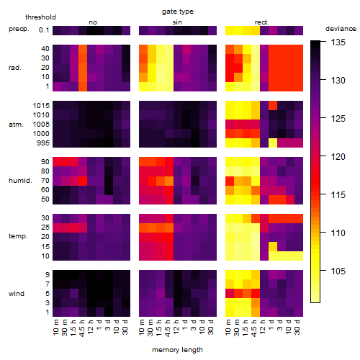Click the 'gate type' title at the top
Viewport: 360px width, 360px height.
coord(178,12)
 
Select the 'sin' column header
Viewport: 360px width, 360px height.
coord(177,22)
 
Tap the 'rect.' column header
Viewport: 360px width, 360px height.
coord(261,22)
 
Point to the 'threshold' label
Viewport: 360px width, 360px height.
coord(40,17)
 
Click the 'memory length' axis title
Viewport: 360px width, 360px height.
coord(177,350)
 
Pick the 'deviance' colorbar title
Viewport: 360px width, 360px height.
coord(341,29)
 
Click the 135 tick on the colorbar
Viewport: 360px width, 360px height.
coord(338,42)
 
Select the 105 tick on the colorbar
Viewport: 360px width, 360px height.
coord(338,271)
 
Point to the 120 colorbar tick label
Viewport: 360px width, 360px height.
coord(338,157)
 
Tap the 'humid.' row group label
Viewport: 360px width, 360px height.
coord(20,181)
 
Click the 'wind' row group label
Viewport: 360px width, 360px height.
coord(17,294)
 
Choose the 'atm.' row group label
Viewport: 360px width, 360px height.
coord(16,125)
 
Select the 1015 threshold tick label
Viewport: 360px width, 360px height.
coord(41,106)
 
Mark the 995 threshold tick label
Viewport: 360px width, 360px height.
coord(43,143)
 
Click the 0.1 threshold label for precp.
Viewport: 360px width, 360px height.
coord(44,30)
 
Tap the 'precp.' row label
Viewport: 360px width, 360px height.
coord(19,29)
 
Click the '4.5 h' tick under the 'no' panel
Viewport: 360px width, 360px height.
coord(83,328)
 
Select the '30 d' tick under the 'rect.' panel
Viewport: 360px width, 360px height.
coord(298,327)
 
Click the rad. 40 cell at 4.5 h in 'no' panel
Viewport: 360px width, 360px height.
coord(83,49)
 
